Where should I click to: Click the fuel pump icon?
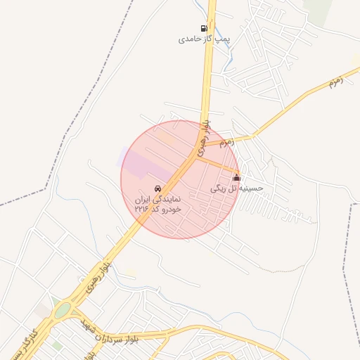[204, 29]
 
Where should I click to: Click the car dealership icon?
[158, 189]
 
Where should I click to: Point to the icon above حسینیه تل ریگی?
[236, 178]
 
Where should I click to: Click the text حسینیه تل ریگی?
[238, 188]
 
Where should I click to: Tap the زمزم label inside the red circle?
[226, 143]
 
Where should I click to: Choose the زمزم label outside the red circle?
[336, 82]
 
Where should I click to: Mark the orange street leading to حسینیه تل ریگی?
[218, 165]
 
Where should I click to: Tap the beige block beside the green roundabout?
[44, 309]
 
